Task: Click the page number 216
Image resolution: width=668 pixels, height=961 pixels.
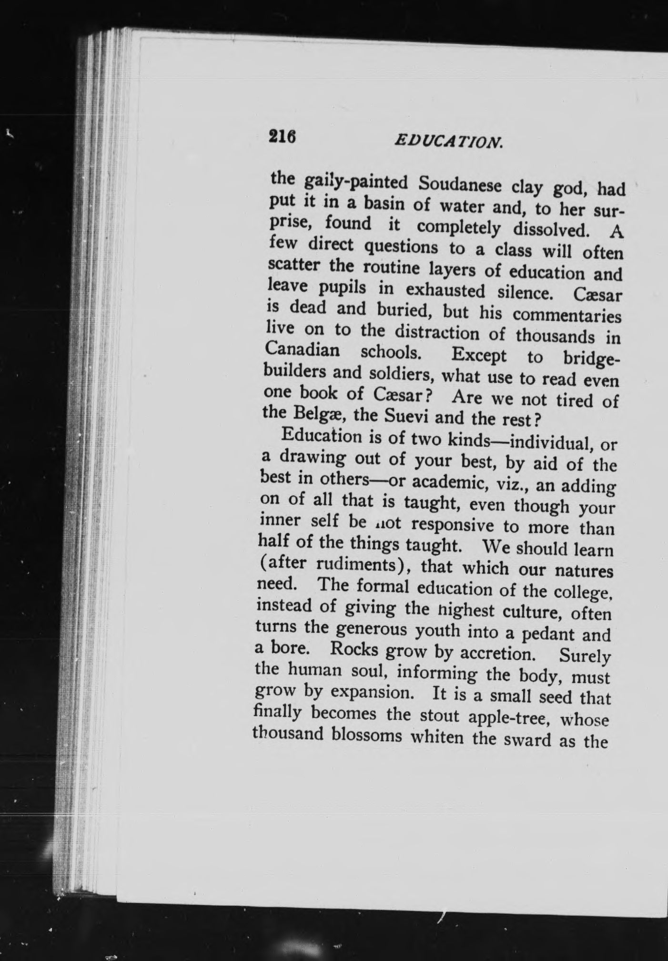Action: (283, 137)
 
